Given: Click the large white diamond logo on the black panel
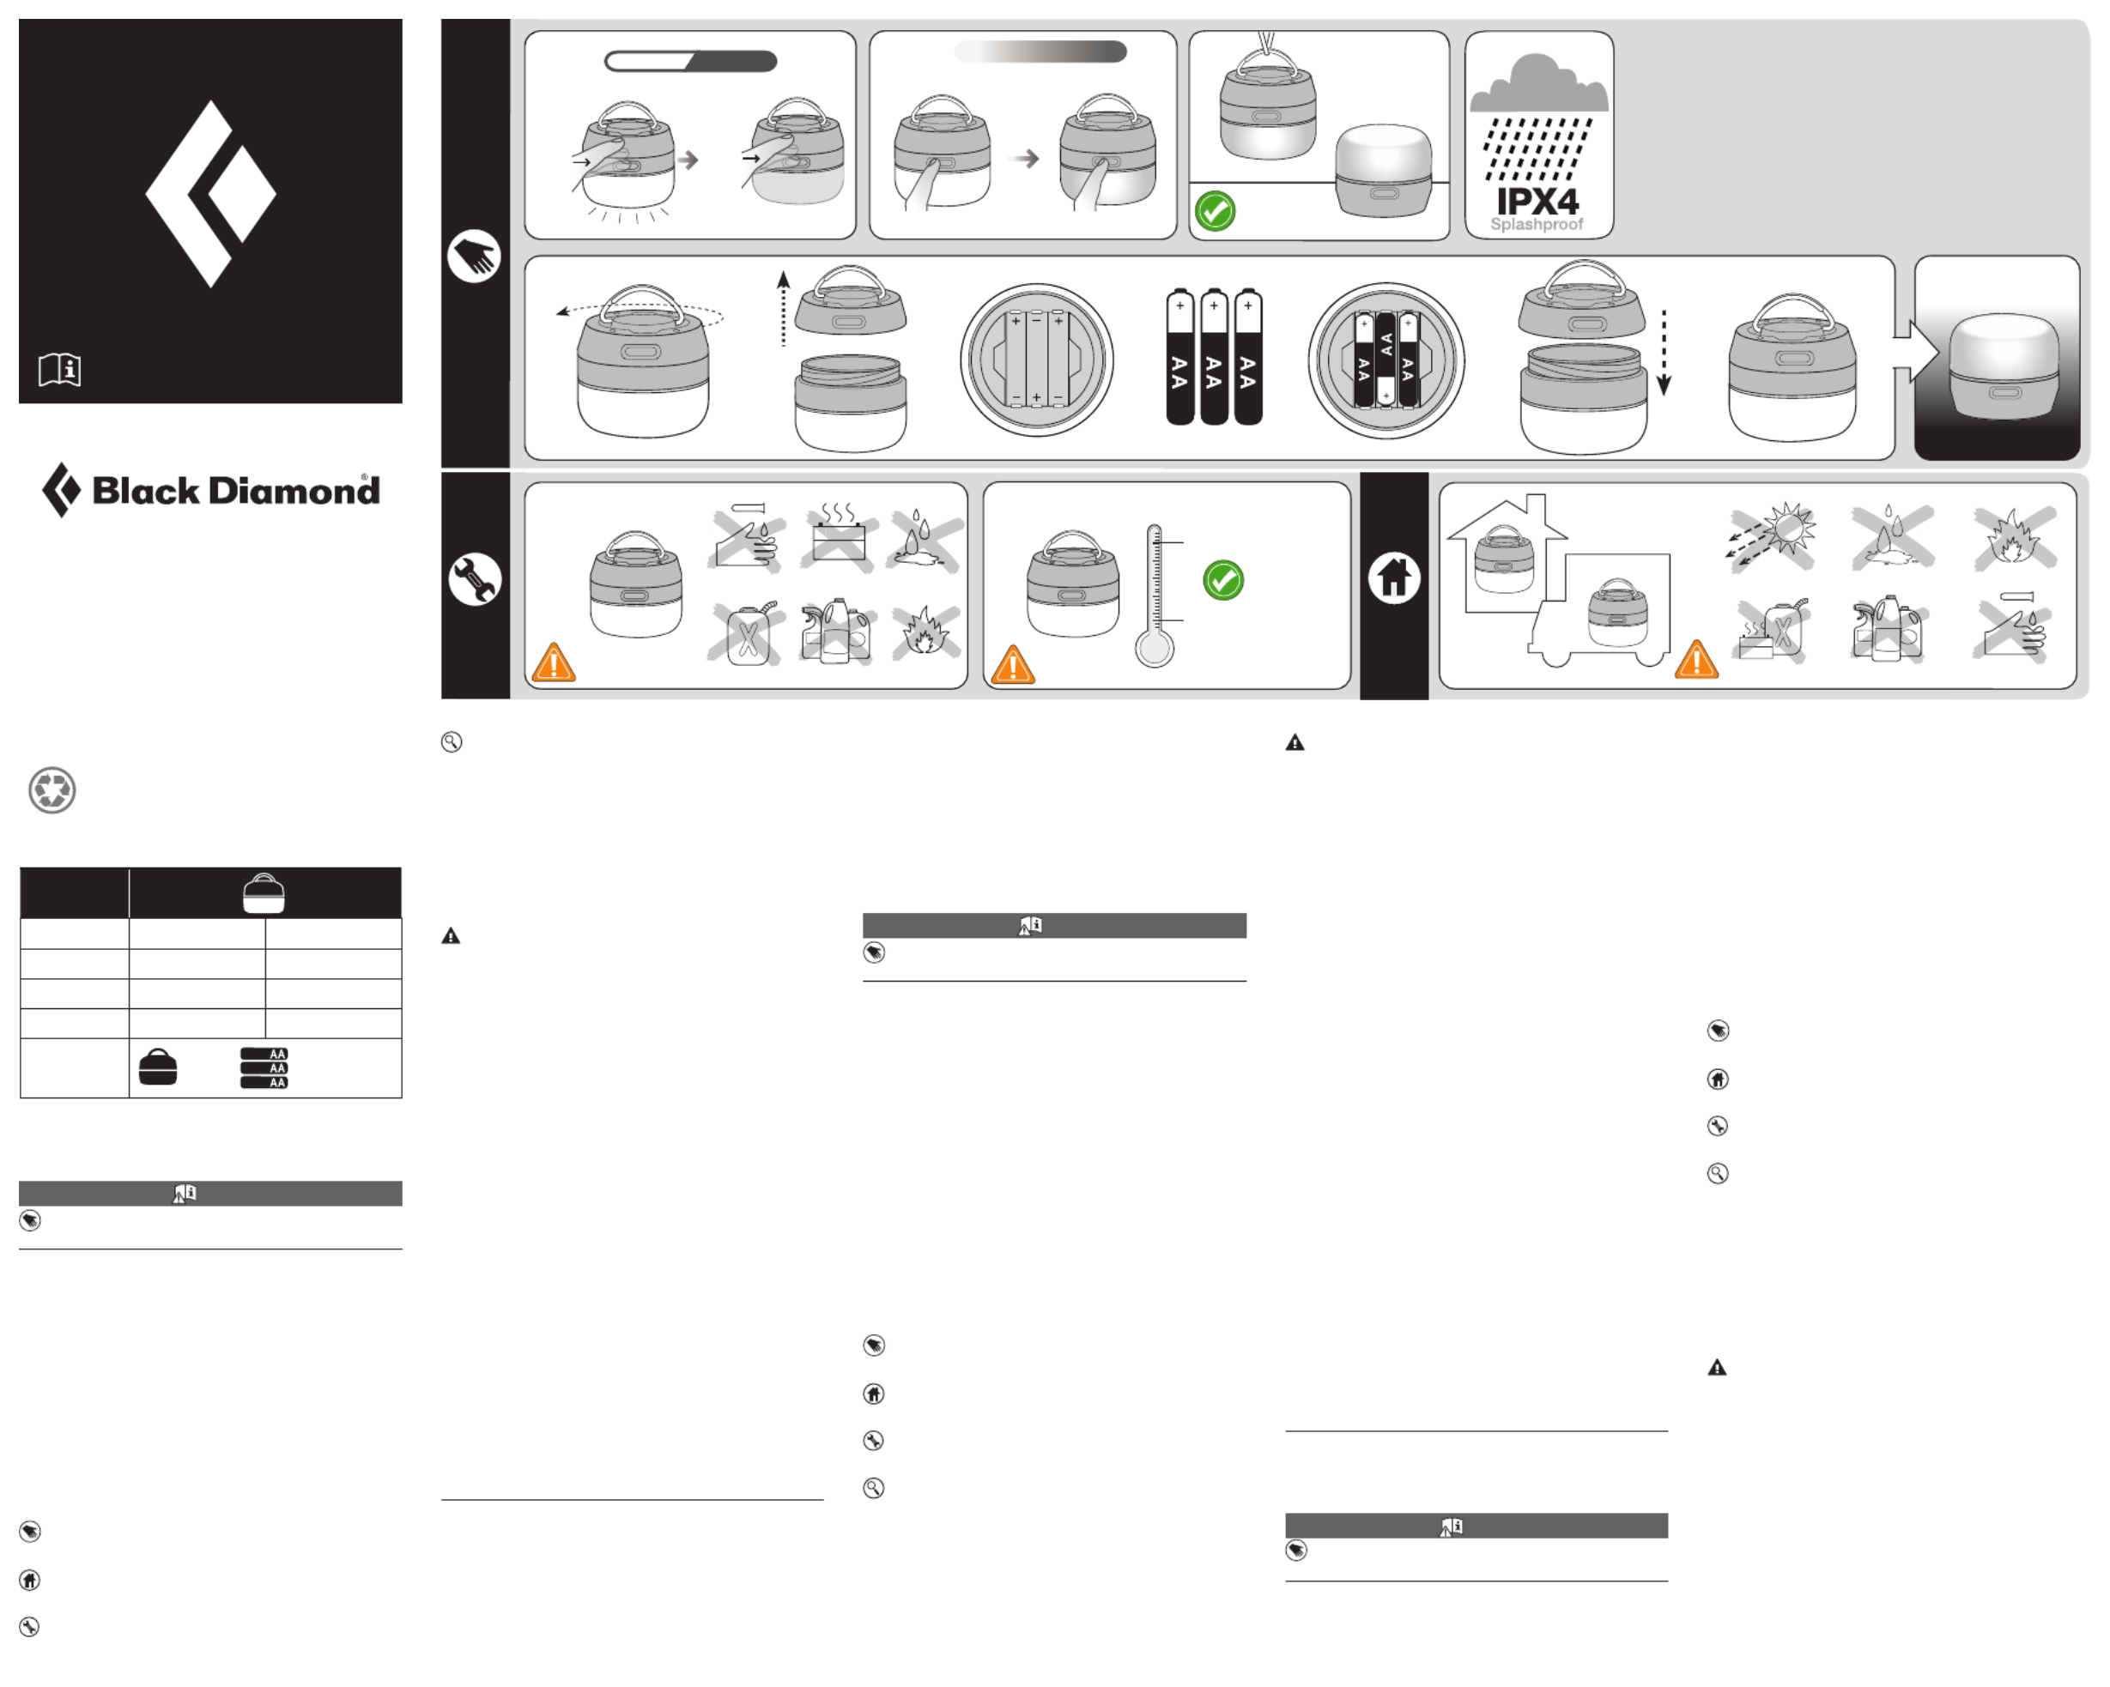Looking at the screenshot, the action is pos(210,194).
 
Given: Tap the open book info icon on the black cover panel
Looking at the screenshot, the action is pos(60,370).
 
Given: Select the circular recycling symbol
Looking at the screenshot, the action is pos(52,789).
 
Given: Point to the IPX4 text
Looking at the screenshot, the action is pos(1537,202).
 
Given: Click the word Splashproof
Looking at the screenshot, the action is pos(1537,224).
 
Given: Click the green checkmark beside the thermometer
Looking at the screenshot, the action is pos(1223,580).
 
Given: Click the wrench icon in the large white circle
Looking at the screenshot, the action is pos(475,579).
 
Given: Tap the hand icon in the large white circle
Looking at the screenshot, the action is pos(474,257).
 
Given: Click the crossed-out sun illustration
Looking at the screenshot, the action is pos(1773,535).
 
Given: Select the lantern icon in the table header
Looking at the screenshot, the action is pos(264,893).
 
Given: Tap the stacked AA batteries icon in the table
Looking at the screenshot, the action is pos(264,1068).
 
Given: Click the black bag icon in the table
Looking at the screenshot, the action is pos(158,1067).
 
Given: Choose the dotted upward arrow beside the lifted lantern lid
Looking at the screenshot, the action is pos(783,309).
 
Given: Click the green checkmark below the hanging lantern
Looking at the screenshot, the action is pos(1216,211).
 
